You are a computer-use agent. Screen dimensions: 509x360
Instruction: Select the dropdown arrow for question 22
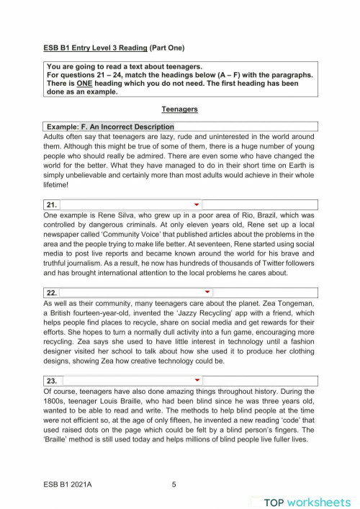pos(207,292)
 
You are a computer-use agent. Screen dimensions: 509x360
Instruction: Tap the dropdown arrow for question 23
pos(197,379)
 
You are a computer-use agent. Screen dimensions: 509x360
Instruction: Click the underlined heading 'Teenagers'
pos(180,109)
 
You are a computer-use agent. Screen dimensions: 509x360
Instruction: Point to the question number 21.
pos(51,205)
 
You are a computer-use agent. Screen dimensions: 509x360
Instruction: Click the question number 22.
pos(51,293)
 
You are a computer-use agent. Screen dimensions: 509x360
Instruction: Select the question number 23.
pos(51,380)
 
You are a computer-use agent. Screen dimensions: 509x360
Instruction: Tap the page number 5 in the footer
pos(174,485)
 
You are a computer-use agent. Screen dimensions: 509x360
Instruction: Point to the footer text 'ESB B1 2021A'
pos(68,485)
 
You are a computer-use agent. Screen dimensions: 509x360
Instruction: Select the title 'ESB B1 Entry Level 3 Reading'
pos(94,48)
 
